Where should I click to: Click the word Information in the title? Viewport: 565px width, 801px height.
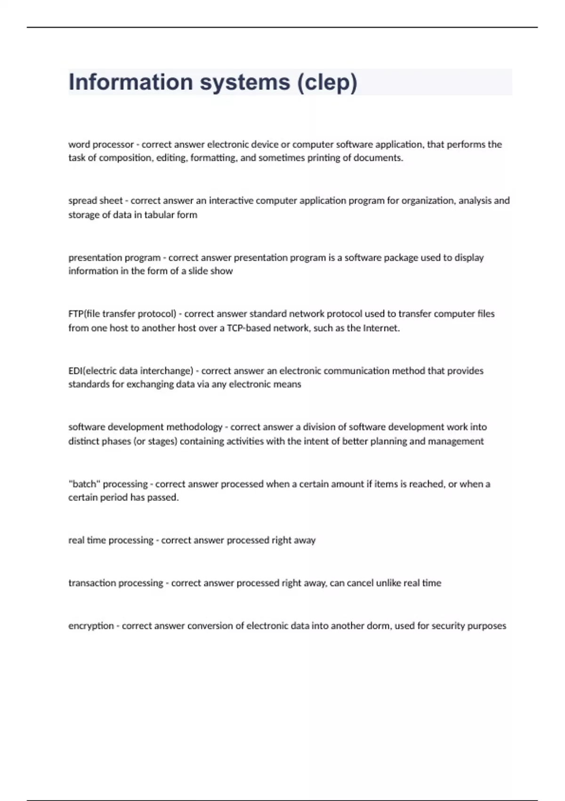[130, 82]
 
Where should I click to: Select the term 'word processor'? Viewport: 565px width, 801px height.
[101, 144]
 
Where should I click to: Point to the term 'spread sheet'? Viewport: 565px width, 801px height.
[95, 201]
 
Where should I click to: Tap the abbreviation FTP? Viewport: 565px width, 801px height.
[76, 314]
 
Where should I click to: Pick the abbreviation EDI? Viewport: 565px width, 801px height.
[75, 371]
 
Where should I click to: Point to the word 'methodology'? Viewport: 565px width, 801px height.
[193, 427]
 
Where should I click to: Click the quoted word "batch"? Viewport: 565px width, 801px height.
[84, 484]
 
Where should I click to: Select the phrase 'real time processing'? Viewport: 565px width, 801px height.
[111, 540]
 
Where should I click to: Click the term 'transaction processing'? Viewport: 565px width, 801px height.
[115, 583]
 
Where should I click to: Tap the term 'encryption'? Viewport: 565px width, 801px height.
[91, 626]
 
